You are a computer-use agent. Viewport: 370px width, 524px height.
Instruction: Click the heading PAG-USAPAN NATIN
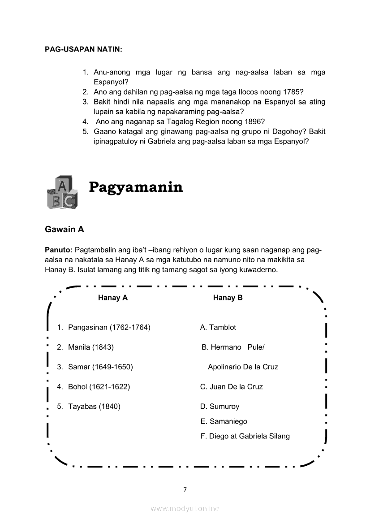point(84,49)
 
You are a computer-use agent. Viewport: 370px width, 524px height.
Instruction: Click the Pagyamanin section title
point(136,187)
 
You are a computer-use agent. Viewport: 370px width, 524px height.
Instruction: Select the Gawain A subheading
point(65,229)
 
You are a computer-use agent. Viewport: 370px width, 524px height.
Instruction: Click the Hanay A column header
point(113,298)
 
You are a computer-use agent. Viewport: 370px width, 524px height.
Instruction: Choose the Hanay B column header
point(228,298)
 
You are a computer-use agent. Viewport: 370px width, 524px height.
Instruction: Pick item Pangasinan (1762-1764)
point(109,327)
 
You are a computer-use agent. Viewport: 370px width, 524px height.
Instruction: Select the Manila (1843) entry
point(90,347)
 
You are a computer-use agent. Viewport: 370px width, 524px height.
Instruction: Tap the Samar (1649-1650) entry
point(100,367)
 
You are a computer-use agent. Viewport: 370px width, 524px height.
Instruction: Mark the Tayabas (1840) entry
point(94,407)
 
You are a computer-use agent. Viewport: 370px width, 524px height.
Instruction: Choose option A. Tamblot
point(218,327)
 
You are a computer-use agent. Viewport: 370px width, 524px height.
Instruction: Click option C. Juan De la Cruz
point(232,386)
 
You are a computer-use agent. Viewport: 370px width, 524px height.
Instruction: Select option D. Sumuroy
point(220,407)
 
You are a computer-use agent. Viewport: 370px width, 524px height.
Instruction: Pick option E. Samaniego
point(224,421)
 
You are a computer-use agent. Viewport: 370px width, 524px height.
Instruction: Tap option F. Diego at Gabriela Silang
point(245,436)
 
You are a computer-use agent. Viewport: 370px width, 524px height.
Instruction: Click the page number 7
point(185,489)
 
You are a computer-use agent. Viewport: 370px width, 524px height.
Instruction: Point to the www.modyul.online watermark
point(185,508)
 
